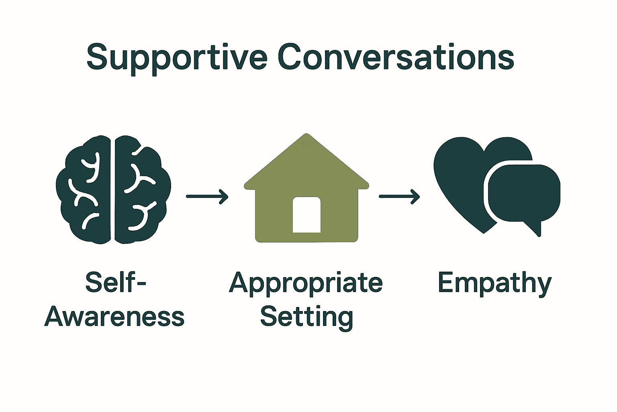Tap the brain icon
pyautogui.click(x=113, y=190)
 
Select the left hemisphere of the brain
pyautogui.click(x=86, y=190)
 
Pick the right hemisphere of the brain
pyautogui.click(x=141, y=190)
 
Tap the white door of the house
pyautogui.click(x=306, y=215)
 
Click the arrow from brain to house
pyautogui.click(x=207, y=197)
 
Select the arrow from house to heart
pyautogui.click(x=399, y=197)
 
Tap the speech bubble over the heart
pyautogui.click(x=524, y=193)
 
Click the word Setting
pyautogui.click(x=306, y=317)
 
